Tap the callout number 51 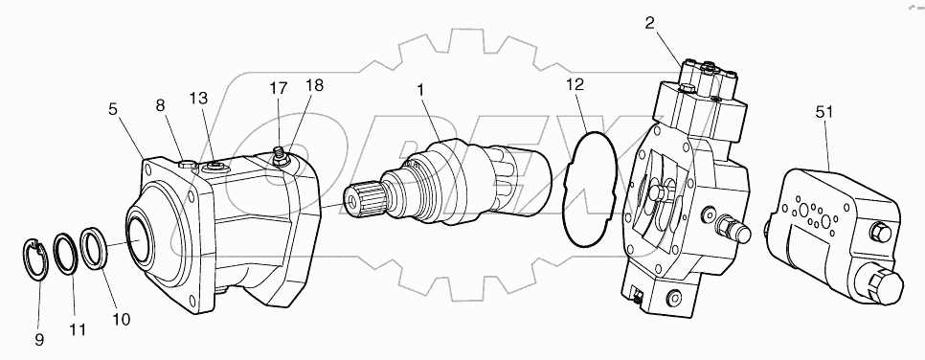(824, 112)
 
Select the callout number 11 (78, 329)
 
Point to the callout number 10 (121, 318)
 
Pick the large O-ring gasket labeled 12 (587, 191)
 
